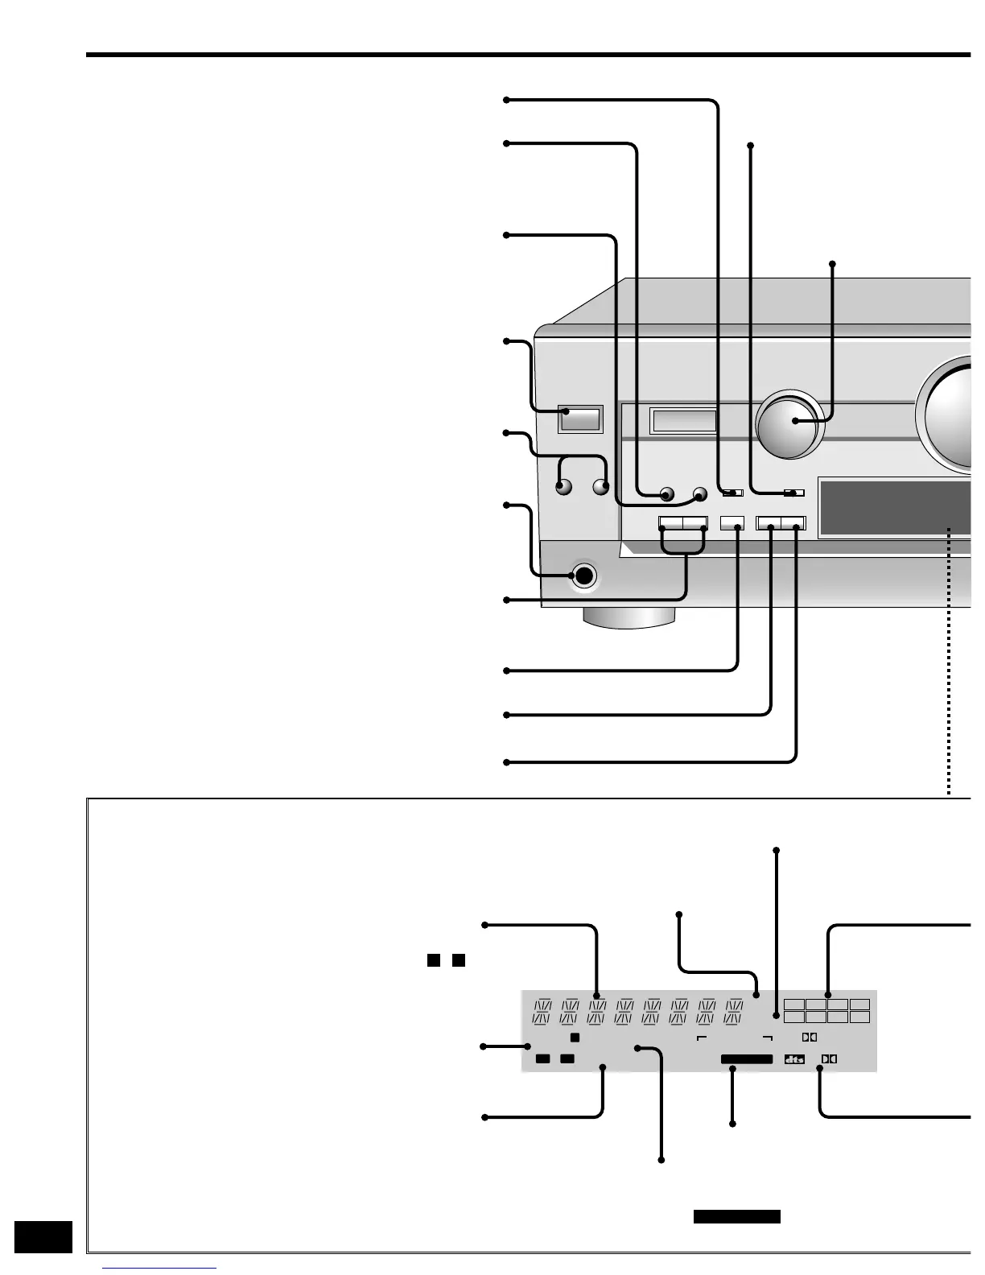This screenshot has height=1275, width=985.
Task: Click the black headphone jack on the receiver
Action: click(583, 576)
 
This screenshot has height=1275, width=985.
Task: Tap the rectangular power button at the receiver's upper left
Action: click(580, 419)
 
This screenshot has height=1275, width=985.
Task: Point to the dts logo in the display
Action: click(794, 1059)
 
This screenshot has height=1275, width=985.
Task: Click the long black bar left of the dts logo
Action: click(746, 1059)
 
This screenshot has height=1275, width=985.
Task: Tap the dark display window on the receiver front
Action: click(893, 507)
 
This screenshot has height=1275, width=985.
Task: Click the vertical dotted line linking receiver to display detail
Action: click(950, 660)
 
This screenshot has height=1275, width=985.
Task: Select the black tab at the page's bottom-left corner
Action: click(43, 1236)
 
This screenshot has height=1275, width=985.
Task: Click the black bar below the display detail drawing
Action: click(736, 1216)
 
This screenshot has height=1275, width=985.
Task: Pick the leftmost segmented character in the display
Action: click(543, 1012)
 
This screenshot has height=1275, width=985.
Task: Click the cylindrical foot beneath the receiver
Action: click(630, 617)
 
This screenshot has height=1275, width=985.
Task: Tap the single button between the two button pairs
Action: click(732, 522)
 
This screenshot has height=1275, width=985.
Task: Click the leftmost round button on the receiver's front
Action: click(563, 487)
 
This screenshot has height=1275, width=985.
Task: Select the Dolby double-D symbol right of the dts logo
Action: click(828, 1059)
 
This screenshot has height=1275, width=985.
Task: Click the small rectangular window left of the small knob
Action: click(683, 420)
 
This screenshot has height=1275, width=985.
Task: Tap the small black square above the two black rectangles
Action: click(575, 1038)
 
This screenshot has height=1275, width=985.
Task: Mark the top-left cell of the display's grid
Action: click(794, 1005)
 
